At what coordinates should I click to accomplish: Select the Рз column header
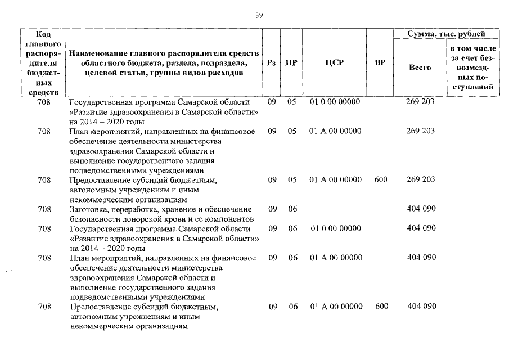click(x=272, y=63)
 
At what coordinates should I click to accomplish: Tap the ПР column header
click(x=291, y=63)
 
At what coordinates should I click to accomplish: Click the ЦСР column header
click(x=334, y=63)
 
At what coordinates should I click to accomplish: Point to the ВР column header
click(x=380, y=63)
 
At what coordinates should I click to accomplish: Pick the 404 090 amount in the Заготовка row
click(x=421, y=209)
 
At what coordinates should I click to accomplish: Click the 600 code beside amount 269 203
click(x=381, y=180)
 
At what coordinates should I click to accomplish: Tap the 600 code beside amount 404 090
click(x=381, y=307)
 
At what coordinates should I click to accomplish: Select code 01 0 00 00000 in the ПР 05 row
click(x=335, y=102)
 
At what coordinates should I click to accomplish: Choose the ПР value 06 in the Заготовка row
click(x=292, y=209)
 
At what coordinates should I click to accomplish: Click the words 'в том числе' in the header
click(x=472, y=48)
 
